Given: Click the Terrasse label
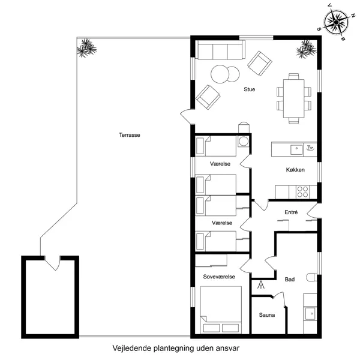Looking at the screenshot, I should coord(129,136).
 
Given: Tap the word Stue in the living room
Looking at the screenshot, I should coord(249,89).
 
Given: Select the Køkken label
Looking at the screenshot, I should coord(295,170).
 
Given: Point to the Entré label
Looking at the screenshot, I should coord(290,212).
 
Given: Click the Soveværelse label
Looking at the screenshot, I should coord(218,277).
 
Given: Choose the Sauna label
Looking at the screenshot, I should coord(267,315).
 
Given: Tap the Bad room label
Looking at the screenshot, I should coord(289,279).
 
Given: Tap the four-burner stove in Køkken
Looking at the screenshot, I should coord(302,192).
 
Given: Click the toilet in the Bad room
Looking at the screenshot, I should coord(311,277).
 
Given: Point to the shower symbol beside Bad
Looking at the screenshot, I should coord(261,286).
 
